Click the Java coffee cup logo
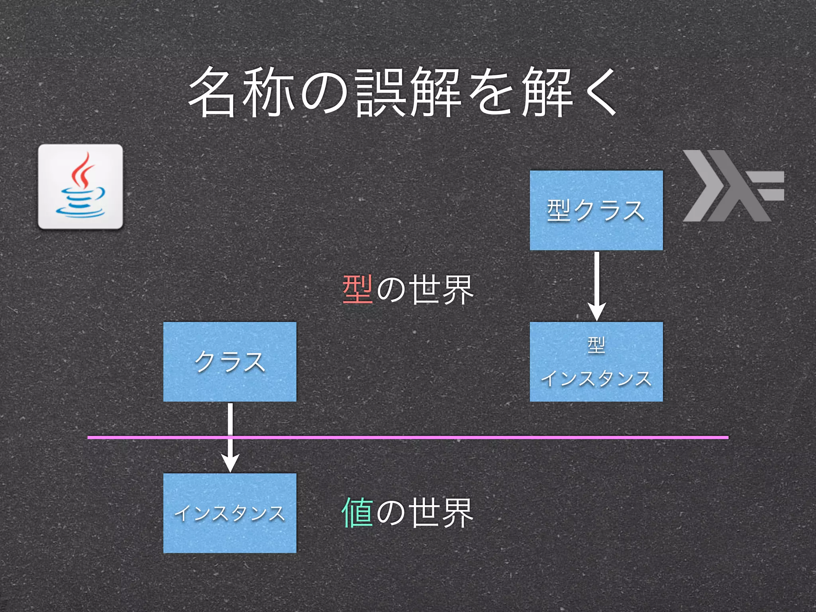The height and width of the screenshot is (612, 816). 80,186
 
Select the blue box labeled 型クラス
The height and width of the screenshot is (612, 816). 596,210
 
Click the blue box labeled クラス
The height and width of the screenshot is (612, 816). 230,362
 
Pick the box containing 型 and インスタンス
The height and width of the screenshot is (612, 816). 596,362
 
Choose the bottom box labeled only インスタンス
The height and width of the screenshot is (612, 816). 230,513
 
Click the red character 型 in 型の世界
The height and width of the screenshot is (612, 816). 357,290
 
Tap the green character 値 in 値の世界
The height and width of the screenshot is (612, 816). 357,513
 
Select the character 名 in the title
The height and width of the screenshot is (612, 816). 212,92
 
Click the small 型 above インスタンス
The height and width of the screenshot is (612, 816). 596,345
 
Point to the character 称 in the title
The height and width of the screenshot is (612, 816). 268,92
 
